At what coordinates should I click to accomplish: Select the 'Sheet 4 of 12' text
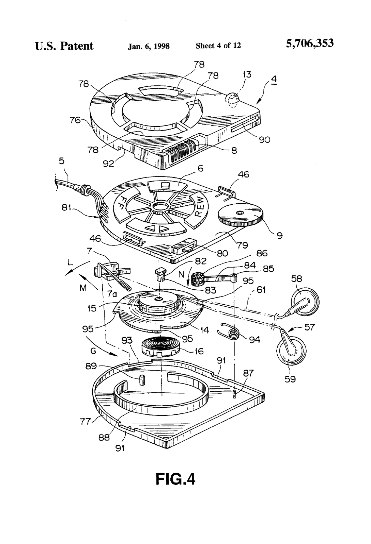tap(218, 46)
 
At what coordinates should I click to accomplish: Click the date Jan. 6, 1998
tap(149, 46)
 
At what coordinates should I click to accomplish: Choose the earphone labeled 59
tap(291, 351)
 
